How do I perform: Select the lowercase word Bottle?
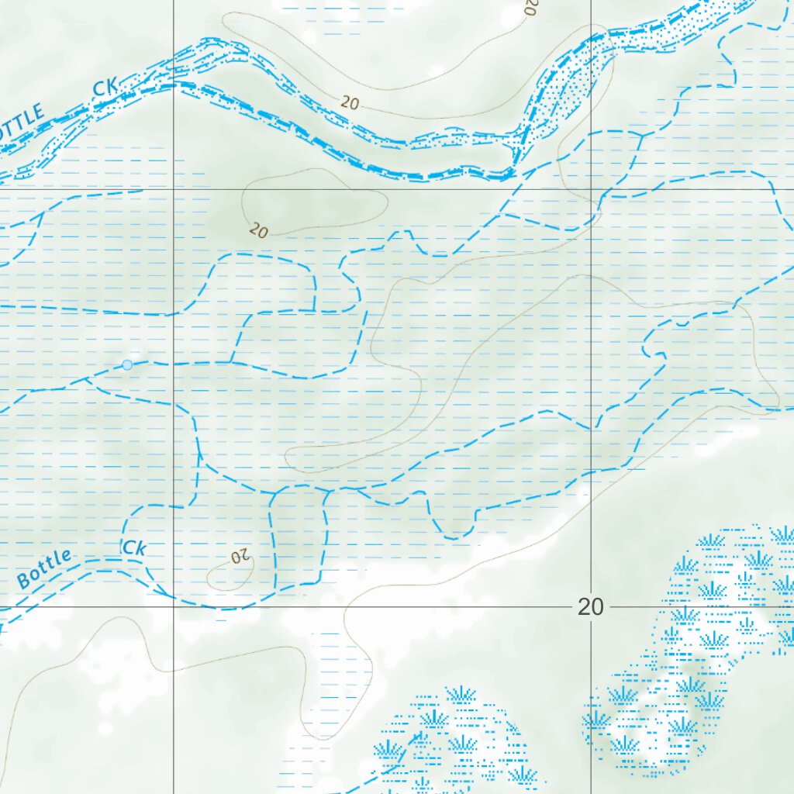coord(44,568)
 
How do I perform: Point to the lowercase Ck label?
coord(134,547)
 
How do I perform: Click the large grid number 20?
coord(590,607)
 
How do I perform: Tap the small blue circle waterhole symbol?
coord(127,364)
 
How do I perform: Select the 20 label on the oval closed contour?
coord(258,231)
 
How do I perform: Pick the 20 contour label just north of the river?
coord(350,102)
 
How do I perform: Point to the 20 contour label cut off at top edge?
coord(530,7)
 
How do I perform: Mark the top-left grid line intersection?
coord(173,189)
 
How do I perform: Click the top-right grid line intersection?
coord(592,189)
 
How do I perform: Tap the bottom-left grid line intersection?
coord(173,607)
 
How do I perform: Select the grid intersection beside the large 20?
coord(592,607)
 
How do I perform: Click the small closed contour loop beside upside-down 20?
coord(230,575)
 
